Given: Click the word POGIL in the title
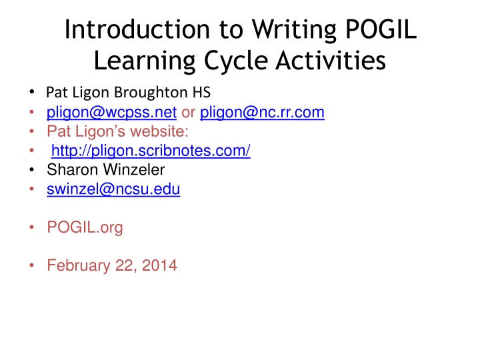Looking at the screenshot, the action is click(x=381, y=29).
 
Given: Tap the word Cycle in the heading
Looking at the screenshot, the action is click(x=236, y=60).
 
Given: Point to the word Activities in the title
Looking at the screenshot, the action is click(x=331, y=60).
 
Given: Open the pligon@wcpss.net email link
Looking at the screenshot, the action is click(x=111, y=113).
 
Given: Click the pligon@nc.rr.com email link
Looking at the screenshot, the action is click(x=262, y=113).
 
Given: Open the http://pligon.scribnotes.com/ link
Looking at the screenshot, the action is click(x=151, y=151).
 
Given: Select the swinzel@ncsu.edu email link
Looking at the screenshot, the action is click(x=113, y=189).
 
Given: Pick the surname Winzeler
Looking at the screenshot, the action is click(x=134, y=169).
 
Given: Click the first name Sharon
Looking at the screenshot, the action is click(x=73, y=169).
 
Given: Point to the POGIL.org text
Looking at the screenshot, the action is click(x=85, y=227).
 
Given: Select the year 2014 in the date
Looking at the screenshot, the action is click(x=159, y=265).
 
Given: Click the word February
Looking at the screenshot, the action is click(x=79, y=265).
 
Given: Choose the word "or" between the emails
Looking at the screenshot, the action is click(x=188, y=113).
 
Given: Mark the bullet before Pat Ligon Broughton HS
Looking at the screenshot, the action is click(x=31, y=92).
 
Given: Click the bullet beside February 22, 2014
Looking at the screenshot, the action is click(x=31, y=265).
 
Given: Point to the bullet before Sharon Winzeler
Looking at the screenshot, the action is click(x=31, y=169).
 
